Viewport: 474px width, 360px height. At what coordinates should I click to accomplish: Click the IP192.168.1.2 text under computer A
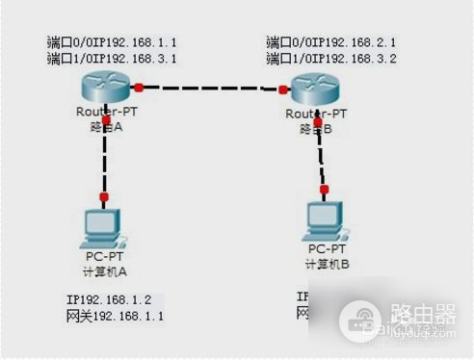coord(108,299)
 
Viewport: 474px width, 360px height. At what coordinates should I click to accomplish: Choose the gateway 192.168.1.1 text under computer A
coord(108,315)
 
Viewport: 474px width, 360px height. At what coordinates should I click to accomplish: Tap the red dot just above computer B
coord(325,189)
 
